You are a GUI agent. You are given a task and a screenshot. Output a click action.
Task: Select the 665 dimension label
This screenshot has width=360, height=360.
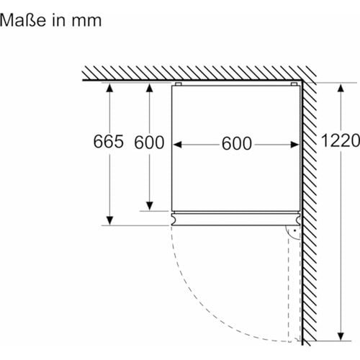(109, 143)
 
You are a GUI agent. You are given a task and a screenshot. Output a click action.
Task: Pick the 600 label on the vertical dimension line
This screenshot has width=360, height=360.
(150, 143)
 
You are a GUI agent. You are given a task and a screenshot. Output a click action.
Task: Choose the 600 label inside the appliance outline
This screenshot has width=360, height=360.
(237, 144)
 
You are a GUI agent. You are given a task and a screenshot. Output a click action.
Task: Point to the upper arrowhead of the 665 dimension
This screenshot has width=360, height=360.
(109, 88)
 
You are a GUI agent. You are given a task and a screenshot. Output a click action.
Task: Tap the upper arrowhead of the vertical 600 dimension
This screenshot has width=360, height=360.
(150, 88)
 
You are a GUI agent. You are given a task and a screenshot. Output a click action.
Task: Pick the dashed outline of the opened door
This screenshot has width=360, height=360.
(293, 288)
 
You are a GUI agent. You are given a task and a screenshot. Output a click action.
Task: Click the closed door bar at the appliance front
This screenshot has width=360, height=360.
(236, 218)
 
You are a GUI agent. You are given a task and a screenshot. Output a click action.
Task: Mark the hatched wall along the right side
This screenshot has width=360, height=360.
(310, 216)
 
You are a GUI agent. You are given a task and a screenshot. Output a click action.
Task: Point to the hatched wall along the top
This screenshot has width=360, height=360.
(194, 72)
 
